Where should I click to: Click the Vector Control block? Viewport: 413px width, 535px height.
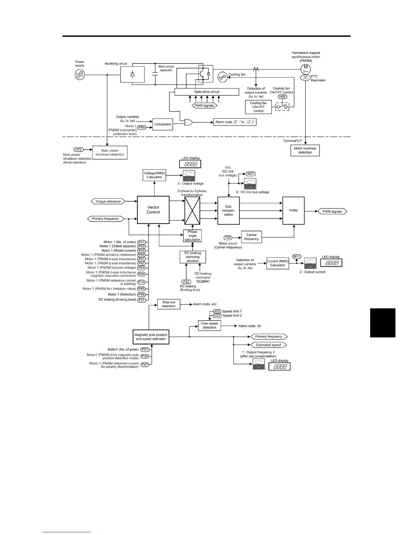point(153,210)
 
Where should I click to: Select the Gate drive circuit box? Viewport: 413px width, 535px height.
point(206,92)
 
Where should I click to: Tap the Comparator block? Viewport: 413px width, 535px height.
point(163,124)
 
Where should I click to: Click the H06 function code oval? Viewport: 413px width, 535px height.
point(282,97)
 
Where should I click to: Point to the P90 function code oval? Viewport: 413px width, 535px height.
point(142,127)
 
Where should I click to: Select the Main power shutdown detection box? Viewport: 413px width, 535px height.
point(110,153)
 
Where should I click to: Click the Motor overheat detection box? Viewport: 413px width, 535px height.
point(305,150)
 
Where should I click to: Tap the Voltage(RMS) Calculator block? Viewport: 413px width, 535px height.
point(155,175)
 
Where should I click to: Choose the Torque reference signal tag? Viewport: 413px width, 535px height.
point(108,201)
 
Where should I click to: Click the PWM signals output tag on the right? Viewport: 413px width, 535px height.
point(332,211)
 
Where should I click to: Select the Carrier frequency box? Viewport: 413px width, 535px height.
point(251,237)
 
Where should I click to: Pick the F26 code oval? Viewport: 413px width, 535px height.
point(228,238)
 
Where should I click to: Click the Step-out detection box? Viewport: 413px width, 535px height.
point(169,304)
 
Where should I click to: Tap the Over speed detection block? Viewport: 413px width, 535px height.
point(209,325)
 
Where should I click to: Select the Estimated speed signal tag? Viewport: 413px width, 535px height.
point(268,345)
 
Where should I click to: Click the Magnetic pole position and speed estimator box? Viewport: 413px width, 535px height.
point(151,337)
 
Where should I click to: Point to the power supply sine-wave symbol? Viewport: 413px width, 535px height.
point(80,75)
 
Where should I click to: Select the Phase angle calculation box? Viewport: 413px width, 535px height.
point(192,236)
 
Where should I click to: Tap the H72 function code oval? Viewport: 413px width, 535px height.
point(79,149)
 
